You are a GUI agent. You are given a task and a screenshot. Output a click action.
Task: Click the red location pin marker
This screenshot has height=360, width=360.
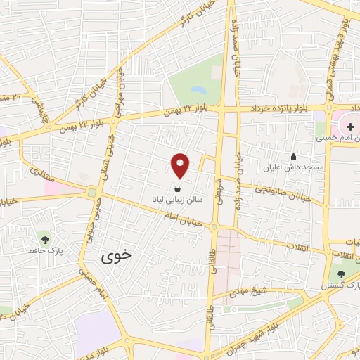click(x=181, y=165)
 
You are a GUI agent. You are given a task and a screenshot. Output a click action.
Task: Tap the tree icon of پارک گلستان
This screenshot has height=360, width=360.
click(x=341, y=274)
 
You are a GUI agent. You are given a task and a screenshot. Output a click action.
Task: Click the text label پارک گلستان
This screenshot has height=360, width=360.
click(x=340, y=285)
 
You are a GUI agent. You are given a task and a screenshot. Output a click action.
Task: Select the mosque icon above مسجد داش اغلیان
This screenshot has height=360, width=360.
click(x=293, y=155)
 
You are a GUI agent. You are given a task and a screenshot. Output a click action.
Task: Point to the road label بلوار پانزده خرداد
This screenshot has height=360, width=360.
click(x=278, y=108)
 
